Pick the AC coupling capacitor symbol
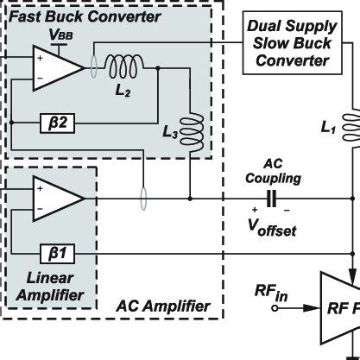pos(272,199)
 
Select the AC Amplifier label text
pos(163,305)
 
